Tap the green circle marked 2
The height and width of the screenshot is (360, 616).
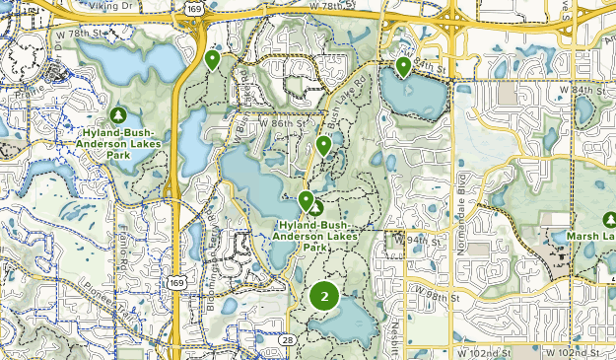[x=324, y=295]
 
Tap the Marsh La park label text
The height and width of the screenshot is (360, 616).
[x=590, y=237]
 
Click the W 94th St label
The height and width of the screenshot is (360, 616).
[x=411, y=238]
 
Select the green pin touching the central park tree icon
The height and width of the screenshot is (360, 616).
[x=306, y=201]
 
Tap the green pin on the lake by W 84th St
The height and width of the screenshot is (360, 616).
[x=403, y=66]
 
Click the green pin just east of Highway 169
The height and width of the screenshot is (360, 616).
[x=212, y=59]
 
